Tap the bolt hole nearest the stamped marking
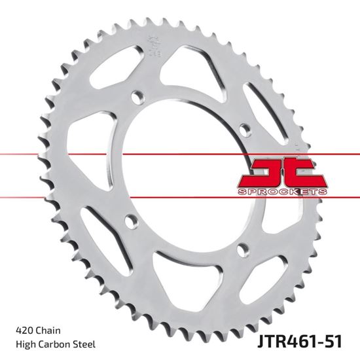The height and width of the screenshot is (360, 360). coord(137,97)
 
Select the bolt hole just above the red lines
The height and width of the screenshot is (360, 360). coord(247,126)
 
